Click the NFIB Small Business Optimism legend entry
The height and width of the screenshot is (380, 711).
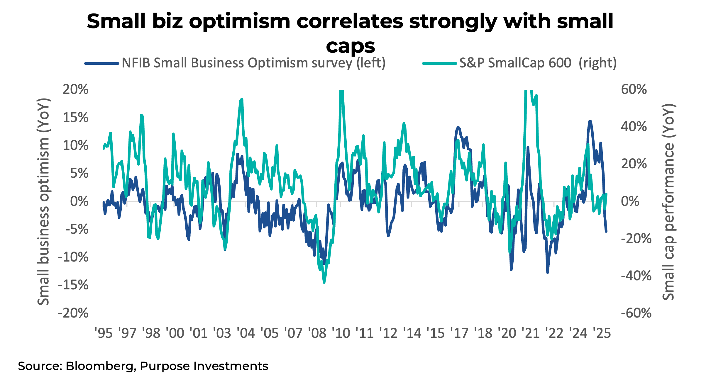coord(253,63)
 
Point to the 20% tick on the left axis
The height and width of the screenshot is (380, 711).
coord(75,89)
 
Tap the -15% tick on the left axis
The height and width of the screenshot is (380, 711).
coord(73,285)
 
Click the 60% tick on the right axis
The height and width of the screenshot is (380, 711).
coord(634,89)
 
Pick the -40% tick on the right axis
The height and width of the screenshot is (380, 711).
coord(636,276)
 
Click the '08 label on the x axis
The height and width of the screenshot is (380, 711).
coord(317,333)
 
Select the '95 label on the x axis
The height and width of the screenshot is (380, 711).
coord(104,333)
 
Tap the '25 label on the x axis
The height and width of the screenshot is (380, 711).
coord(602,333)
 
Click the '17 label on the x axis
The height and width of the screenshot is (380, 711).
coord(459,333)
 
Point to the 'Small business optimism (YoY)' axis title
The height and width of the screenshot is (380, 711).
coord(43,202)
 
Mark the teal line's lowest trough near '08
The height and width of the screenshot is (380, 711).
coord(324,282)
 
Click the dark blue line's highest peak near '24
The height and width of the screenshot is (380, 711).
coord(590,121)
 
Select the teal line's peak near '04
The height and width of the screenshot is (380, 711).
coord(242,99)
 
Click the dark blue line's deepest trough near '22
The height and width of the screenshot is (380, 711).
coord(548,272)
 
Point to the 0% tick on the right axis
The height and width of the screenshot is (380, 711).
coord(630,202)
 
